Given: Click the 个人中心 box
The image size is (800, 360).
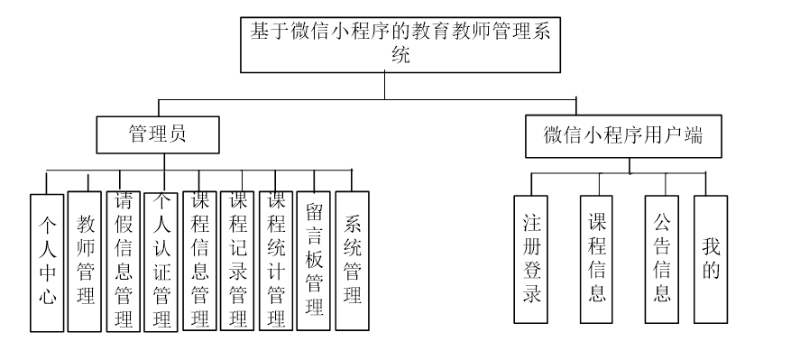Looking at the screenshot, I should (47, 262).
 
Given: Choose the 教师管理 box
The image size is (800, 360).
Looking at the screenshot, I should (86, 260).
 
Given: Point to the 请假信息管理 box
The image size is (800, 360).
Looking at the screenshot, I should (124, 260).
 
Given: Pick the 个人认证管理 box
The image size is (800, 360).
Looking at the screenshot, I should (161, 260).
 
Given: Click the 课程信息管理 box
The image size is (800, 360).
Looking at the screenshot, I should (200, 260).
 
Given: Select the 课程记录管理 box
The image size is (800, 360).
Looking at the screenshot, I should (237, 260).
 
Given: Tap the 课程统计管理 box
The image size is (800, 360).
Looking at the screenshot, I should (276, 260).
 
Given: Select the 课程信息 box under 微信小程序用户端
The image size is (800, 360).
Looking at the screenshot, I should (597, 258).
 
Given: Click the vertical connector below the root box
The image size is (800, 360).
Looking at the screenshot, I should (385, 85).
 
